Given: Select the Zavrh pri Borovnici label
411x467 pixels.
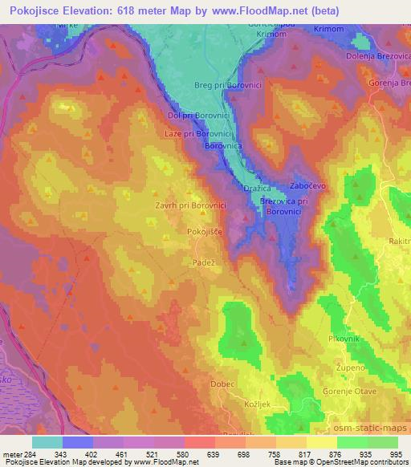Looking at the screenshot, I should point(190,205).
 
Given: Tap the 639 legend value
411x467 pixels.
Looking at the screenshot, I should point(214,454).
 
